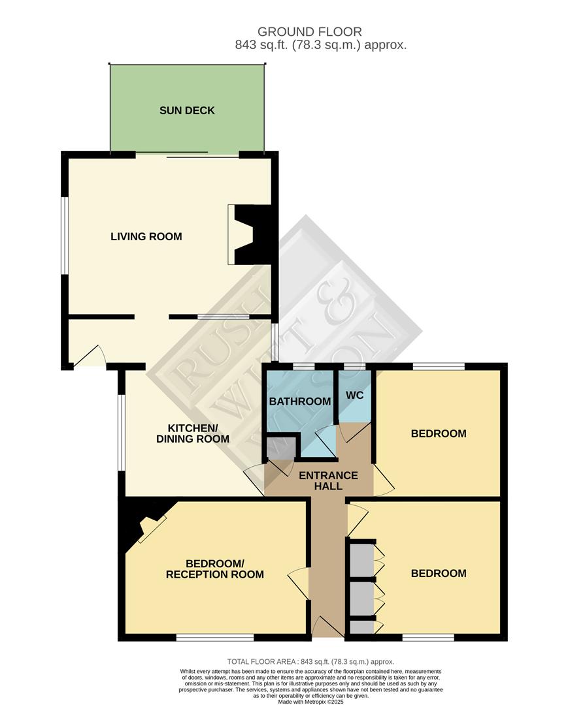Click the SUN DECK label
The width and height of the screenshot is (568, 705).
click(187, 110)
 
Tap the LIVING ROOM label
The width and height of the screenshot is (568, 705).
click(146, 236)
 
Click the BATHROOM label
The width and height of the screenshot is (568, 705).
click(300, 401)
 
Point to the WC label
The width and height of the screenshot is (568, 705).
click(354, 396)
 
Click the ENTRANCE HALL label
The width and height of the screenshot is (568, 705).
click(328, 481)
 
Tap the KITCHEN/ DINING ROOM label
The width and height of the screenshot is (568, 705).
click(192, 433)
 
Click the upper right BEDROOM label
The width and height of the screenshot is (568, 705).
click(438, 433)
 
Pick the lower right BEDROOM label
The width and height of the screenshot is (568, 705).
click(438, 573)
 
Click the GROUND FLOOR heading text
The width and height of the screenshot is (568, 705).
click(309, 31)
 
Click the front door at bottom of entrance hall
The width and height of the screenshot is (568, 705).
click(327, 628)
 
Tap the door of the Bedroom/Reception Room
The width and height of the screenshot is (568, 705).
click(299, 582)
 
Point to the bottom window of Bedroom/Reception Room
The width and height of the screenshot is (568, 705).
click(214, 637)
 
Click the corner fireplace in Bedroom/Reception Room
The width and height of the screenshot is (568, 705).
click(149, 526)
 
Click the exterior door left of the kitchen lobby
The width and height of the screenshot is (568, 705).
click(90, 358)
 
